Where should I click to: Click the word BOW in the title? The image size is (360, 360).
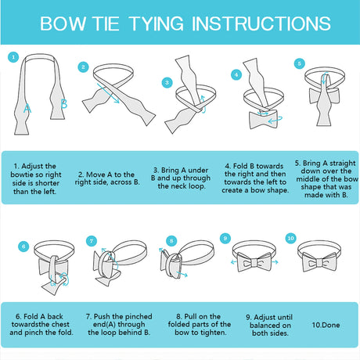point(63,23)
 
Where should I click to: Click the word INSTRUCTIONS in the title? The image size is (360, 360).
point(261,23)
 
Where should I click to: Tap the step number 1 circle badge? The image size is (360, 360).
point(13,57)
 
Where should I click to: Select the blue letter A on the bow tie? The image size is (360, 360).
point(27,108)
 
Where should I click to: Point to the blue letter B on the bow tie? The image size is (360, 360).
point(63,103)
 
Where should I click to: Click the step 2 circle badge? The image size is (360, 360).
point(83,67)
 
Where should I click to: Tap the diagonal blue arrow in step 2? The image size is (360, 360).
point(108,93)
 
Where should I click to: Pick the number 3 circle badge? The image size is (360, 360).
point(167,83)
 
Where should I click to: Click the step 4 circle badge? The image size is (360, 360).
point(236,75)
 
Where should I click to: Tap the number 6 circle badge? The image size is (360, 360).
point(23,247)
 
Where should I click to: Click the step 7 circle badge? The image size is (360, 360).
point(92,241)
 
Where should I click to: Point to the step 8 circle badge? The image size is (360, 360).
point(171,241)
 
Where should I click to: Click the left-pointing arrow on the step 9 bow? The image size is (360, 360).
point(235,262)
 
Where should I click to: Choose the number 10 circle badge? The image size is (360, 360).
point(290,238)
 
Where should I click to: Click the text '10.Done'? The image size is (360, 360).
point(326,325)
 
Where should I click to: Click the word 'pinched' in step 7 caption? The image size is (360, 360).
point(139,316)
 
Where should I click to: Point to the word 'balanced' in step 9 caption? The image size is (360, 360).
point(265,326)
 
